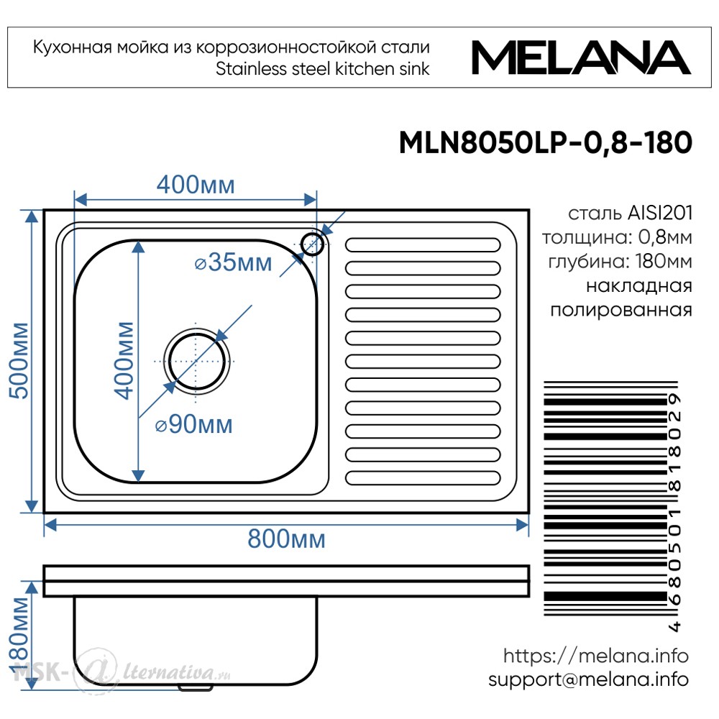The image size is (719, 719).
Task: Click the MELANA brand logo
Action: pos(581,58)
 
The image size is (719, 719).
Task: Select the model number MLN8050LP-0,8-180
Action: pos(546,142)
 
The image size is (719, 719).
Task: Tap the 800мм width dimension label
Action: pos(287,539)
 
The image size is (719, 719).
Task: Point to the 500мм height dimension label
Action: pos(19,360)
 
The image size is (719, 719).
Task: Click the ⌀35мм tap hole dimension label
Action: pos(234,262)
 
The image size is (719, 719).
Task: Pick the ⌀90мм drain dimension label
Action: pos(193,424)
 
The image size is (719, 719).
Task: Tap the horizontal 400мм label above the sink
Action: pos(196,185)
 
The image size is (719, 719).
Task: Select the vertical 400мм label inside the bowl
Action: pos(124,360)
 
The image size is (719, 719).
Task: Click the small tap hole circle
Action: pos(313,244)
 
